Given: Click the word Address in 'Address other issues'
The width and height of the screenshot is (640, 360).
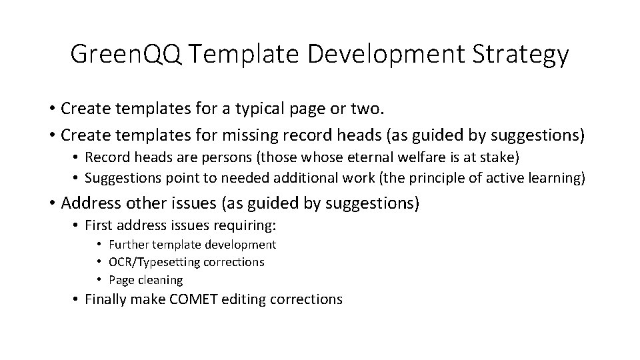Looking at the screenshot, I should pyautogui.click(x=89, y=203).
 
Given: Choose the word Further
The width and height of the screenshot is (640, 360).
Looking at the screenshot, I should pyautogui.click(x=128, y=245).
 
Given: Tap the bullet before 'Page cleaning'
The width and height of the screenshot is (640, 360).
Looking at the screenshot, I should pyautogui.click(x=99, y=280).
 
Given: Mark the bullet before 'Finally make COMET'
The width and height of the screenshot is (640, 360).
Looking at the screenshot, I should pyautogui.click(x=76, y=299).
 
